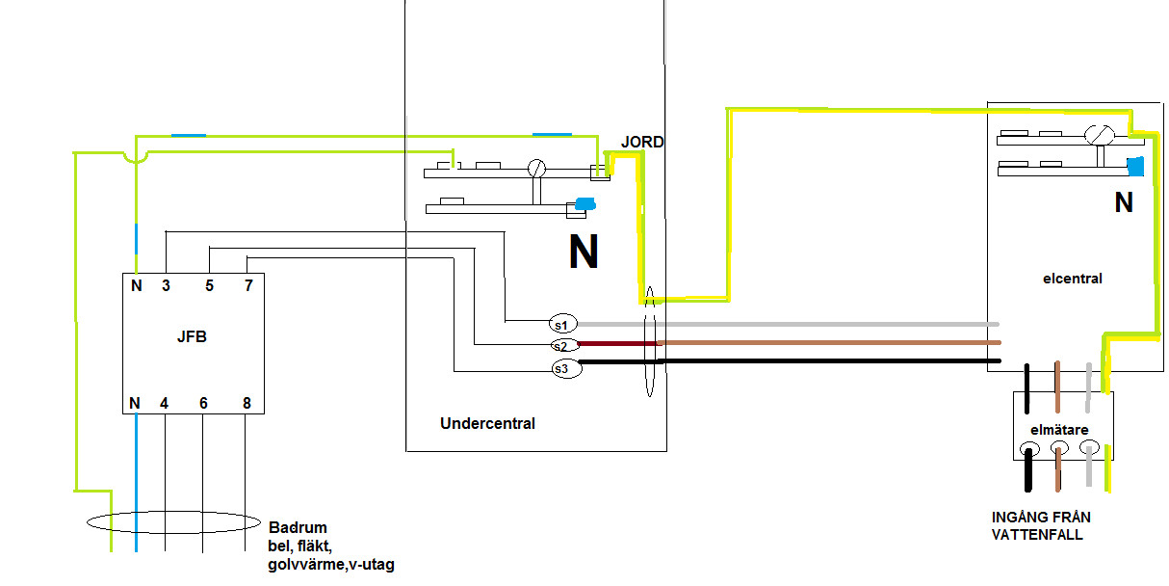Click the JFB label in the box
pyautogui.click(x=193, y=338)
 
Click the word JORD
pyautogui.click(x=642, y=142)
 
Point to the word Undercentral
pyautogui.click(x=487, y=423)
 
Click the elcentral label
pyautogui.click(x=1072, y=279)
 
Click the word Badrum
pyautogui.click(x=299, y=528)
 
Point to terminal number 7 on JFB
pyautogui.click(x=247, y=285)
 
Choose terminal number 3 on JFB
pyautogui.click(x=166, y=285)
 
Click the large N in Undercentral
pyautogui.click(x=584, y=253)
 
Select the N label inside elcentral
pyautogui.click(x=1124, y=203)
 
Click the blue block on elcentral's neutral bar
pyautogui.click(x=1135, y=167)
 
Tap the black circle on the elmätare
pyautogui.click(x=1029, y=450)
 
